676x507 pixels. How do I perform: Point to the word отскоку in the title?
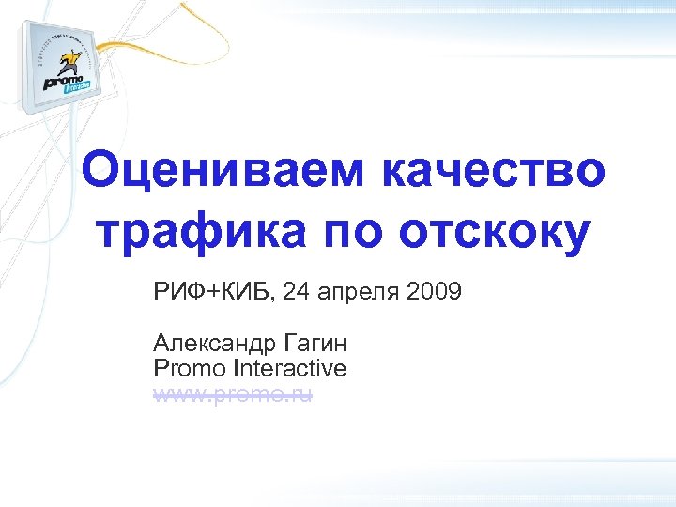click(496, 233)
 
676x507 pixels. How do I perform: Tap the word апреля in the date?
click(358, 294)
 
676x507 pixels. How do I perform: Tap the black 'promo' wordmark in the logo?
click(63, 82)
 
